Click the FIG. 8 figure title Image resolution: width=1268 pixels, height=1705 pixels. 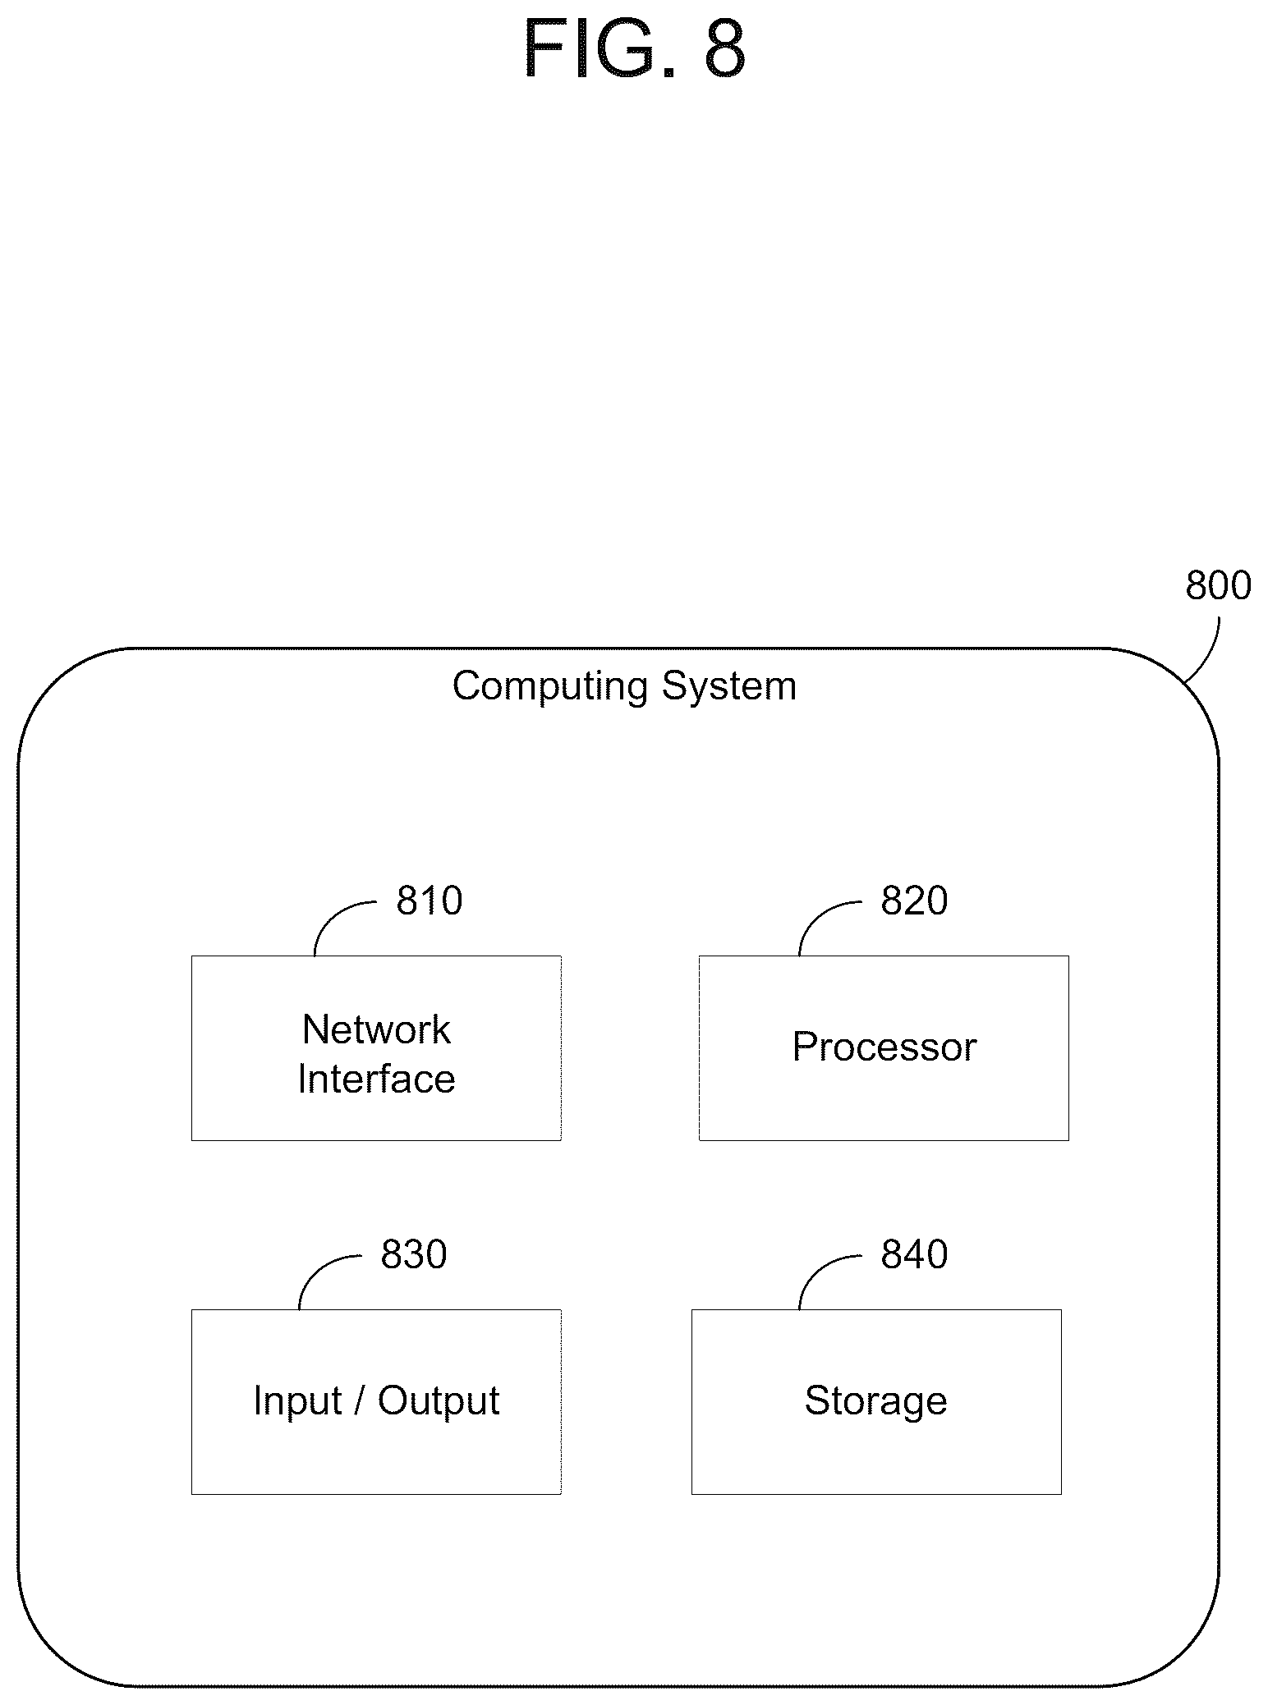pos(634,49)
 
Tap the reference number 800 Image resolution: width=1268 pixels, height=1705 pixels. pos(1218,585)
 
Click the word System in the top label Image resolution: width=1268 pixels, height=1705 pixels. pos(729,687)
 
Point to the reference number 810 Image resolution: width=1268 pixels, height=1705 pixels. pos(430,901)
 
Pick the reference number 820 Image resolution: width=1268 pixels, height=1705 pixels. pos(914,901)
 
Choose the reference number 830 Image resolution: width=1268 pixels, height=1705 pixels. pos(414,1254)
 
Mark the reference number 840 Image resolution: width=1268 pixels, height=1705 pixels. pos(914,1254)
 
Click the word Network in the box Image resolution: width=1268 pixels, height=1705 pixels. pos(376,1029)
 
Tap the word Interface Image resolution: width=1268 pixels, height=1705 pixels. pos(376,1079)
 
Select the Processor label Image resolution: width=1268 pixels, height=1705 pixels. pos(884,1047)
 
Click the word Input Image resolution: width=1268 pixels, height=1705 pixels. pos(296,1401)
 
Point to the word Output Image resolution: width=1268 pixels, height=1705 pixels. pos(439,1401)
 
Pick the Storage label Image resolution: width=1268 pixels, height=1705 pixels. pos(875,1400)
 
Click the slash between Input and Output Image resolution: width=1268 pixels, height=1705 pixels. pos(359,1400)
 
